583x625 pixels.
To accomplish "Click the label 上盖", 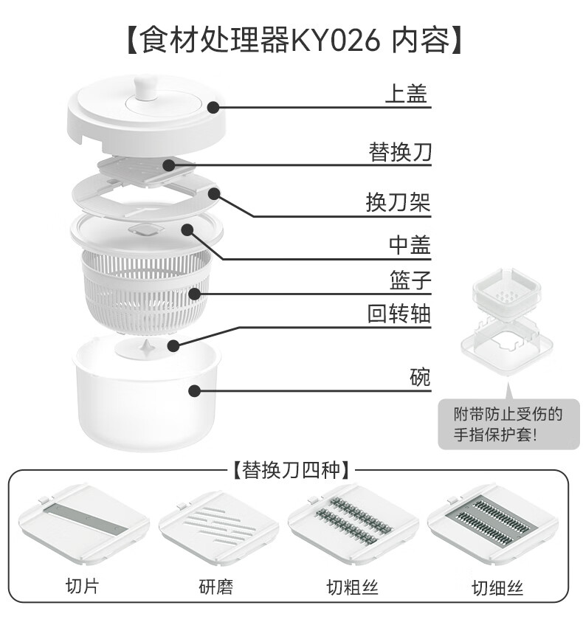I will tap(407, 94).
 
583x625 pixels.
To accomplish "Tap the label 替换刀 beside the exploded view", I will tap(400, 153).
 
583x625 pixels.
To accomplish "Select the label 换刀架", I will tap(399, 203).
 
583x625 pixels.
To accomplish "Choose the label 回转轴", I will tap(399, 314).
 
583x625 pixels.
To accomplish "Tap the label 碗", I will tap(420, 378).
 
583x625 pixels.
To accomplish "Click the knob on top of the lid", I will tap(145, 87).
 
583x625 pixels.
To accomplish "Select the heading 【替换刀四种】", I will tap(290, 469).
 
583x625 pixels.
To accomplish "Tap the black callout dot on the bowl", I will tap(194, 391).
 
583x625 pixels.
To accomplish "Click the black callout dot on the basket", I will tap(194, 294).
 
